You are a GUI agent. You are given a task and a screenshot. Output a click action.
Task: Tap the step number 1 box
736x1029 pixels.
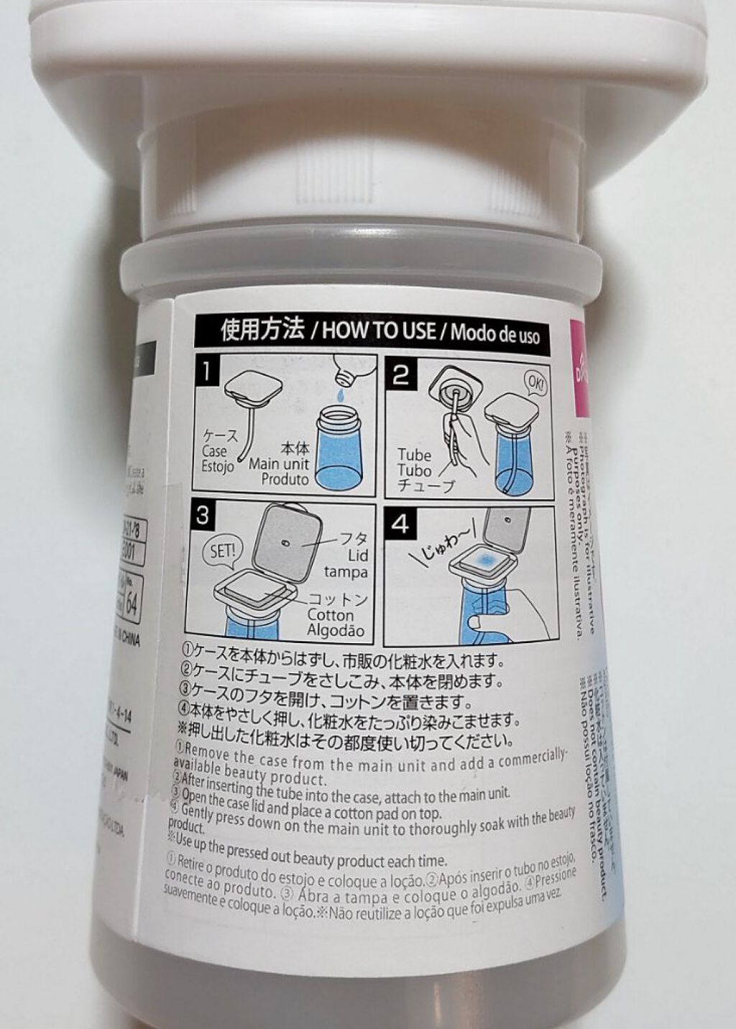[x=207, y=372]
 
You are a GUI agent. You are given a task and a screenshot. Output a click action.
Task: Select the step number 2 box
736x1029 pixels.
[x=401, y=374]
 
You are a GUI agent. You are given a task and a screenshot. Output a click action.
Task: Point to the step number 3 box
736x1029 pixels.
[x=204, y=515]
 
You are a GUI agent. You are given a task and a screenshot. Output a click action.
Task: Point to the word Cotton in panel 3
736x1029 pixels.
[x=331, y=615]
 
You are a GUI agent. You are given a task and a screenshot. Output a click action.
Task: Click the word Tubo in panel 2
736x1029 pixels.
[x=415, y=471]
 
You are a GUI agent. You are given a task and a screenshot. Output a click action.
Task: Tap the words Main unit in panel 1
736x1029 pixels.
[x=279, y=464]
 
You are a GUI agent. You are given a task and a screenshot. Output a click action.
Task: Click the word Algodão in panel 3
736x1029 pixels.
[x=335, y=631]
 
